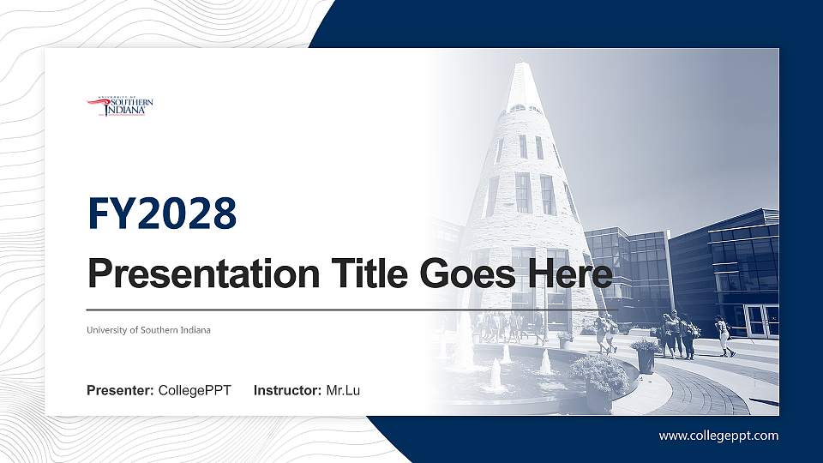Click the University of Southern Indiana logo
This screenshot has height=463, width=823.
pyautogui.click(x=120, y=106)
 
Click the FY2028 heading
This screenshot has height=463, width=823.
pyautogui.click(x=162, y=213)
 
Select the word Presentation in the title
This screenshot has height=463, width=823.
pyautogui.click(x=204, y=274)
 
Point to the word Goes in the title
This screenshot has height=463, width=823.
pyautogui.click(x=468, y=274)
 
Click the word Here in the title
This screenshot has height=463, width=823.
pyautogui.click(x=570, y=274)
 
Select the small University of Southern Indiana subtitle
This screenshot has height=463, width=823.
pyautogui.click(x=148, y=330)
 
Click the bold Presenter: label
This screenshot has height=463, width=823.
pyautogui.click(x=120, y=391)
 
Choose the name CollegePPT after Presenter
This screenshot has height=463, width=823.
pyautogui.click(x=195, y=391)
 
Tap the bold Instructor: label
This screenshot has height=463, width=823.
pyautogui.click(x=287, y=391)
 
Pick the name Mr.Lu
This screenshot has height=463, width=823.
pyautogui.click(x=343, y=391)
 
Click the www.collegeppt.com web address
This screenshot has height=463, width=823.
pyautogui.click(x=718, y=436)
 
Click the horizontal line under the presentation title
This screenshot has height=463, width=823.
pyautogui.click(x=351, y=310)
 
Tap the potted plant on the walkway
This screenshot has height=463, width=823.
pyautogui.click(x=645, y=355)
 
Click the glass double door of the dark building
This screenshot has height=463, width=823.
pyautogui.click(x=762, y=321)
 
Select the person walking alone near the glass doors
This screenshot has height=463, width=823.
pyautogui.click(x=725, y=336)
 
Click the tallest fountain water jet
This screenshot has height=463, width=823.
pyautogui.click(x=496, y=375)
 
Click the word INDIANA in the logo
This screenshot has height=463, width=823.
pyautogui.click(x=127, y=111)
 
